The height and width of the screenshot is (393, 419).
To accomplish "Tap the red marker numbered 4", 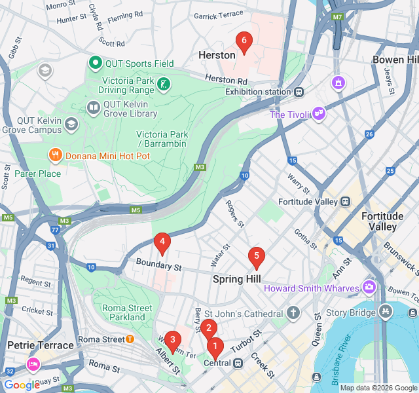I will coord(162,244).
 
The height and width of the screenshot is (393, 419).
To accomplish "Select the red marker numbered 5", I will coord(257,257).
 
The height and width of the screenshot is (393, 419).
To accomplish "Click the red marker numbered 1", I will coord(215,347).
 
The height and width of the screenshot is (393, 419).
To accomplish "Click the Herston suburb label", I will coord(216,56).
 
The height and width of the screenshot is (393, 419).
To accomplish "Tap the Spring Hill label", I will coord(236,279).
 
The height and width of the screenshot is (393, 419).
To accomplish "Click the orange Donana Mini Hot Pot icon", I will coord(55,156).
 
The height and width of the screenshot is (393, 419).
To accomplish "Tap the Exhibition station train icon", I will coord(299,92).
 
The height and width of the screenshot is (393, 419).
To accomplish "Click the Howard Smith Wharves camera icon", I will coord(370,288).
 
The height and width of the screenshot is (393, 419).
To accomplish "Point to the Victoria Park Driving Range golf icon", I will coord(164,84).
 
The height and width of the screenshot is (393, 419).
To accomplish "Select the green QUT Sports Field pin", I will coord(95,64).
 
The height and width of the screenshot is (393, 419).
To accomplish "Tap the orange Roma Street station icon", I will coord(130,339).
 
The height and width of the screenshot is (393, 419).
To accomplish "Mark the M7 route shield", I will coord(338,17).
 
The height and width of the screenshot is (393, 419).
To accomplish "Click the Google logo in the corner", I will coord(22,385).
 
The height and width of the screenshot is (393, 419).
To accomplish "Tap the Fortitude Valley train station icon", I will coord(344,202).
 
